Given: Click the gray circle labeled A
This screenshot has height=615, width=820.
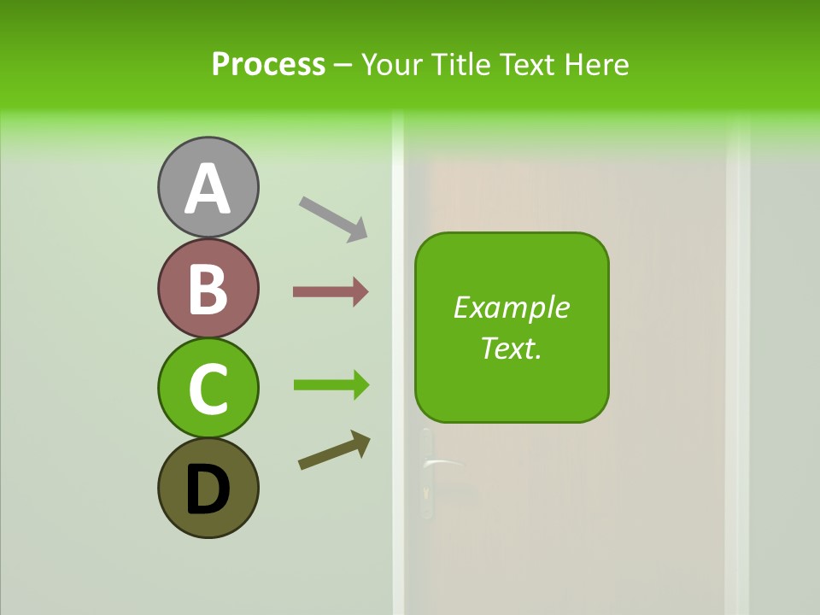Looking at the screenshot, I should [208, 186].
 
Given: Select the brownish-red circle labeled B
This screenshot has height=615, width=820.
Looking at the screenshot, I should [208, 288].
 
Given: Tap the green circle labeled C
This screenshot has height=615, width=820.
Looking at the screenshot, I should [208, 388].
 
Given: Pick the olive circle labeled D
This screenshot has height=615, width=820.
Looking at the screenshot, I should [208, 488].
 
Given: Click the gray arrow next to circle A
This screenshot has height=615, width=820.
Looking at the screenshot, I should [333, 218].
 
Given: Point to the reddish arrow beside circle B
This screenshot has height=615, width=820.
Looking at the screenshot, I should [331, 292].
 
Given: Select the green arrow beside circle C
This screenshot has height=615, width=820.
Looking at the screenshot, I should [331, 385].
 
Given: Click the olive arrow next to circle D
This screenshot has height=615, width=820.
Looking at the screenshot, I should [334, 450].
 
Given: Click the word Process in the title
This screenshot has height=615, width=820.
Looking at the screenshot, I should [268, 64].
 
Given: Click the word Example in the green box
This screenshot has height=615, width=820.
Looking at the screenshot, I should [512, 307].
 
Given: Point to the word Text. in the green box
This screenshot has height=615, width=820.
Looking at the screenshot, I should [512, 348].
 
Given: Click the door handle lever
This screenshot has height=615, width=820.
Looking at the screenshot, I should [443, 463].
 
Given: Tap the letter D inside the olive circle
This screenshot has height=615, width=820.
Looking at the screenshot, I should [208, 490].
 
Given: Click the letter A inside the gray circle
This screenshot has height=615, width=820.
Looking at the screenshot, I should [208, 189].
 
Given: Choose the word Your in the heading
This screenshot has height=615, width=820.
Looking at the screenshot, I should [391, 64].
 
